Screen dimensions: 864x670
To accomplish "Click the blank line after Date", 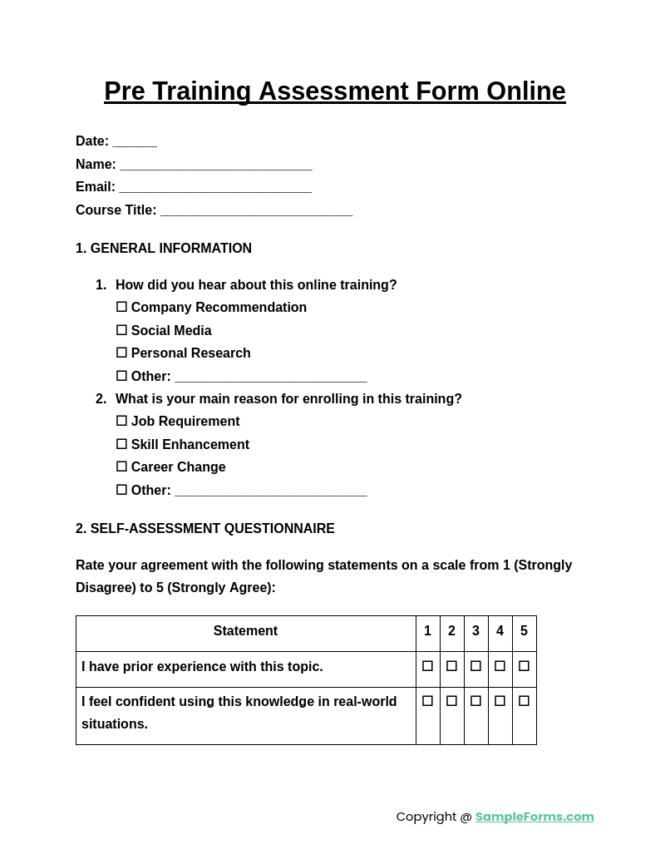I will pyautogui.click(x=135, y=142).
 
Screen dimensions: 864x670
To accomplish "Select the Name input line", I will pyautogui.click(x=215, y=165).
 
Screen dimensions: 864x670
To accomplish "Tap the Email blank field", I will pyautogui.click(x=214, y=188).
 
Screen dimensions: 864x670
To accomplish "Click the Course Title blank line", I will pyautogui.click(x=256, y=211).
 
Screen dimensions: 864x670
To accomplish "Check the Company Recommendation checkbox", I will pyautogui.click(x=121, y=307).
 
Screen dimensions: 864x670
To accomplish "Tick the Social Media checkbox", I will pyautogui.click(x=121, y=330).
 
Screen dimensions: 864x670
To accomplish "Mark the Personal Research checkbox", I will pyautogui.click(x=121, y=353).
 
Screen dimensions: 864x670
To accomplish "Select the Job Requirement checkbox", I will pyautogui.click(x=121, y=421).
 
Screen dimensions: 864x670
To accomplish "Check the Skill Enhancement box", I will pyautogui.click(x=121, y=444).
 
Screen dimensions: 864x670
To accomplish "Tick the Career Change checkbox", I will pyautogui.click(x=121, y=467).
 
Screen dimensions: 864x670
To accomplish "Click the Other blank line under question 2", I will pyautogui.click(x=270, y=491).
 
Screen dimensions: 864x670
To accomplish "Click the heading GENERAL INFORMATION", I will pyautogui.click(x=170, y=249).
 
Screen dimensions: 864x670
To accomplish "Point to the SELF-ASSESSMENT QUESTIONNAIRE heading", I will pyautogui.click(x=212, y=529).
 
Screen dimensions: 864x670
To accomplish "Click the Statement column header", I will pyautogui.click(x=245, y=631).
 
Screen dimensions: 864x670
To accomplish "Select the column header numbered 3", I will pyautogui.click(x=475, y=631).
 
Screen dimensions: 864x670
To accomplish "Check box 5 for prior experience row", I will pyautogui.click(x=524, y=666).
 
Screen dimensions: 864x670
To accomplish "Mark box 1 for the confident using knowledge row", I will pyautogui.click(x=427, y=701).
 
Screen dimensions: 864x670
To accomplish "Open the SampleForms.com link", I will pyautogui.click(x=535, y=817).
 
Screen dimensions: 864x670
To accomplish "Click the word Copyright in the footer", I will pyautogui.click(x=426, y=817).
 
